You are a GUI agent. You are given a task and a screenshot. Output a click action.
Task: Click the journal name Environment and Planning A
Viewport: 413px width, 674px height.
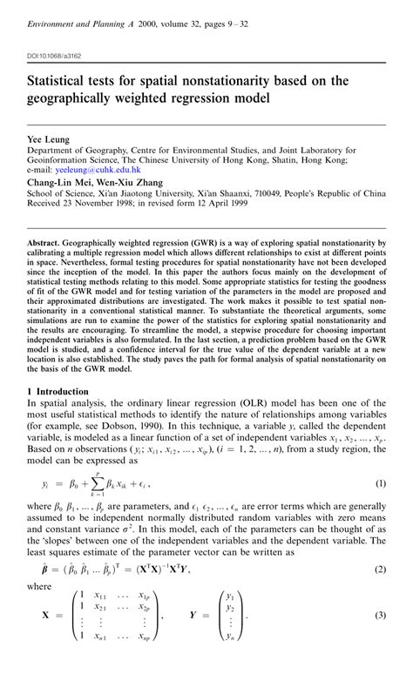click(76, 24)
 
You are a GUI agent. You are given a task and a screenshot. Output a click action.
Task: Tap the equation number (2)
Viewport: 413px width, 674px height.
click(380, 593)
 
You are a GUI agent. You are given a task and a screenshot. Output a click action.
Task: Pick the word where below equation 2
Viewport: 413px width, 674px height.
click(41, 613)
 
